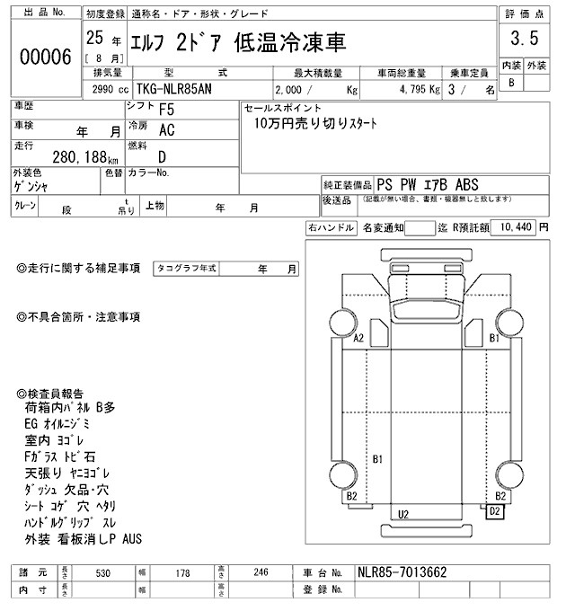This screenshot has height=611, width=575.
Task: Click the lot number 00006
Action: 45,57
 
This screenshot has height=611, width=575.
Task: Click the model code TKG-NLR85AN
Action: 179,90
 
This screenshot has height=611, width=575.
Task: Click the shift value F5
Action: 166,111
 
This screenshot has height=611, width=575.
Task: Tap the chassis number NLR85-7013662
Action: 402,571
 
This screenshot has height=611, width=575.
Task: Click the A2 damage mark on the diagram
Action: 358,339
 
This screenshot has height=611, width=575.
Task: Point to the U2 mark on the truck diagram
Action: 403,513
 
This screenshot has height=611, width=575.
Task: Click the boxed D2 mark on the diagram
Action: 494,511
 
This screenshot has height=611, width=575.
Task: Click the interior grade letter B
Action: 511,83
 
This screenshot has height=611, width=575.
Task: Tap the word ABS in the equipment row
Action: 473,182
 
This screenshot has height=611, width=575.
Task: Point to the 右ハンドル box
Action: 331,228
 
